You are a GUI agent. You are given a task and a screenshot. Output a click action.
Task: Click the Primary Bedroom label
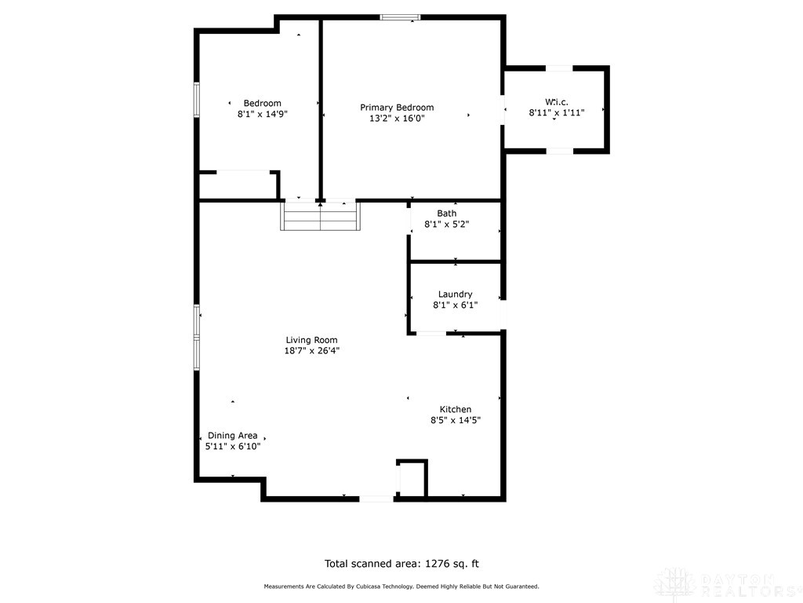tap(397, 108)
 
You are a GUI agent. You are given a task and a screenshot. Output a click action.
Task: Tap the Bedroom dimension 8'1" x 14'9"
tap(262, 115)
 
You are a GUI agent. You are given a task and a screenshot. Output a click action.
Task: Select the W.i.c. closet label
tap(556, 101)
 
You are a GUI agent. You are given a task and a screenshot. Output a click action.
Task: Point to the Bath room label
tap(446, 213)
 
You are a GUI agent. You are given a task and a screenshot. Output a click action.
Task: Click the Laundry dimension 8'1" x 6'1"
tap(455, 305)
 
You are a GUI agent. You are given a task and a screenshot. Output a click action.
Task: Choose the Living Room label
tap(311, 340)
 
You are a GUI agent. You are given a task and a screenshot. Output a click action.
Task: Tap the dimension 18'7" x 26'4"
tap(311, 351)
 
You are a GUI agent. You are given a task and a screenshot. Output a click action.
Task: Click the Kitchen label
tap(455, 409)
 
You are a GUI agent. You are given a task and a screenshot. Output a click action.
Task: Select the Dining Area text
tap(232, 435)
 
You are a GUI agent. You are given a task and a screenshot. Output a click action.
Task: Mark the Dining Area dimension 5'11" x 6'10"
tap(232, 446)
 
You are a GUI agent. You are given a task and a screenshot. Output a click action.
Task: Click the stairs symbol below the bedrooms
tap(321, 216)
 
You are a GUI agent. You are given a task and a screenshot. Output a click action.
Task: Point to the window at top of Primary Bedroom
tap(400, 17)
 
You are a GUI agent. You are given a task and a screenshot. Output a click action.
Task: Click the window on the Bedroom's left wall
tap(197, 100)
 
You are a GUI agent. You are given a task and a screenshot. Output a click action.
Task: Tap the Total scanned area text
tap(401, 563)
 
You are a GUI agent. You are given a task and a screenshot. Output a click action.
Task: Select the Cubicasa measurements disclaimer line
tap(401, 587)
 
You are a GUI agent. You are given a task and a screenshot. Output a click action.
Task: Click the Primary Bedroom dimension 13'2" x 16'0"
tap(397, 119)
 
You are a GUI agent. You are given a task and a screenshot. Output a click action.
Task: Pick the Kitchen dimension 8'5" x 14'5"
tap(455, 420)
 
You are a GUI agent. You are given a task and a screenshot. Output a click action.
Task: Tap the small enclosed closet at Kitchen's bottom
tap(412, 477)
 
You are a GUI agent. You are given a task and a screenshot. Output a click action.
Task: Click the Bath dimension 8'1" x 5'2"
tap(446, 224)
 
